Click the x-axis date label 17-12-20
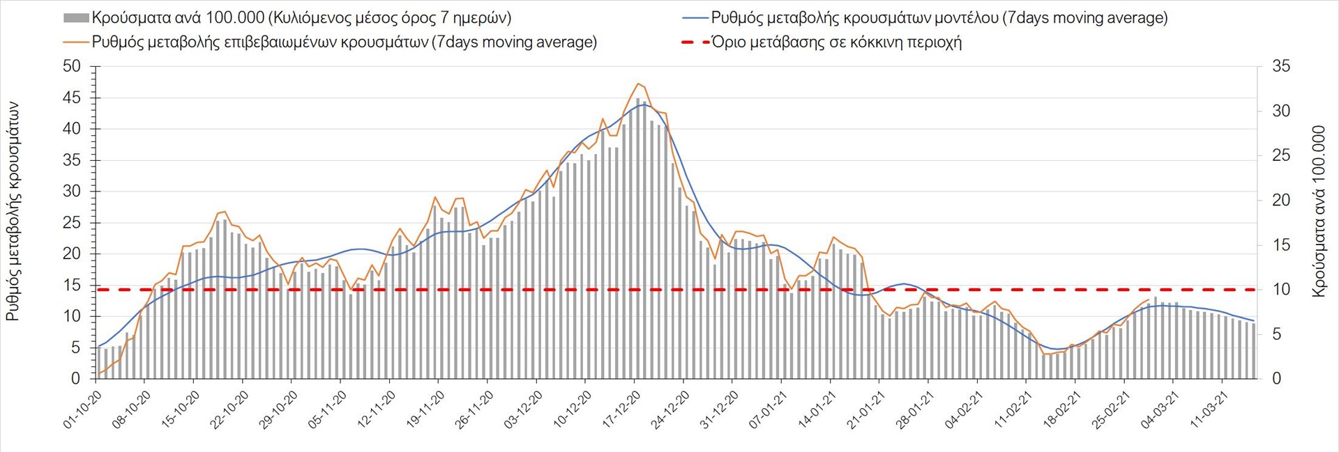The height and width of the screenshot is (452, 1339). click(x=622, y=409)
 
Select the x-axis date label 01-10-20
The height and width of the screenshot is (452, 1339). click(x=83, y=409)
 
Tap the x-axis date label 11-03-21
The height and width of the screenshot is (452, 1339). click(x=1210, y=409)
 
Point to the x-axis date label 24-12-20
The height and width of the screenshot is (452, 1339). click(x=671, y=409)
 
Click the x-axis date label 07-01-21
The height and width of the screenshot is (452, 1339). click(x=769, y=409)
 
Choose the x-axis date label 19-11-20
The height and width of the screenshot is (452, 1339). click(x=426, y=409)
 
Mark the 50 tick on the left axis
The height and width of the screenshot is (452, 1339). click(x=72, y=67)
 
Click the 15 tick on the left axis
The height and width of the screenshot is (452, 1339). click(x=72, y=286)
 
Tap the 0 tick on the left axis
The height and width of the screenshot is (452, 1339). click(x=76, y=379)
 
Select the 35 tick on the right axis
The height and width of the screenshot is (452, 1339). click(x=1281, y=67)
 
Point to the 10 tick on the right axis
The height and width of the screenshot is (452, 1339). click(x=1281, y=290)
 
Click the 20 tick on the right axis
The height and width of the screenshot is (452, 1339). click(x=1281, y=201)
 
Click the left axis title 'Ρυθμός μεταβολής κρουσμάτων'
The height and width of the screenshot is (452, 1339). click(x=13, y=211)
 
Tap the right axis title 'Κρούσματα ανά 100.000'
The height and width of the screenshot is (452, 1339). click(x=1318, y=211)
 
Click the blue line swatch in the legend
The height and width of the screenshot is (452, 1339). click(x=695, y=18)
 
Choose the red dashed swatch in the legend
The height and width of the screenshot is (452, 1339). click(x=695, y=42)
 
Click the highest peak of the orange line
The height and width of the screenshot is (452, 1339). click(x=637, y=84)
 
